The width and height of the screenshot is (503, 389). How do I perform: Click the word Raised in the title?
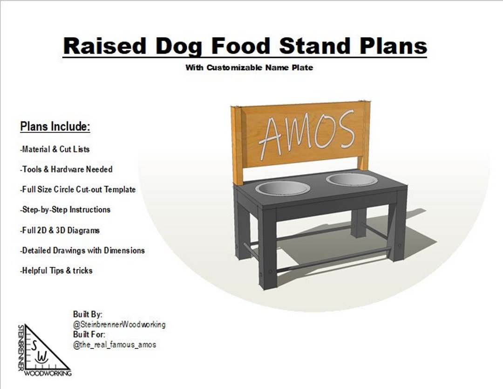pos(105,46)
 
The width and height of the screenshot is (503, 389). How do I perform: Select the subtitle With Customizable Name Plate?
pos(249,68)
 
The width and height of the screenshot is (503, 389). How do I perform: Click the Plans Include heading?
pos(55,126)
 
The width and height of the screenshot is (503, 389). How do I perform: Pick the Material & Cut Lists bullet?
pos(55,149)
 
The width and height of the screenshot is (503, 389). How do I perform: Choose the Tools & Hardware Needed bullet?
pos(66,169)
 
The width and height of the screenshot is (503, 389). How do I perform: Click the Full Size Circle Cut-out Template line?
pos(78,189)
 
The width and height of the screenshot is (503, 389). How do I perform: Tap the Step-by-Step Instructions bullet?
pos(65,210)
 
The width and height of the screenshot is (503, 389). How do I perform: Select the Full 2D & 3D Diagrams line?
pos(60,230)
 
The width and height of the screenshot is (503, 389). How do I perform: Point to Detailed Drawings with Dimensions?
pos(82,250)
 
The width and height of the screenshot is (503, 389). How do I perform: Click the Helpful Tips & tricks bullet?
pos(56,271)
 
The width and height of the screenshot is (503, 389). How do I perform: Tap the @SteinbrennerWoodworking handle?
pos(119,325)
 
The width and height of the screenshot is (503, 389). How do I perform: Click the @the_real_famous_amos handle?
pos(115,345)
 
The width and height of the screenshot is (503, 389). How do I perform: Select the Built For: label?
pos(89,334)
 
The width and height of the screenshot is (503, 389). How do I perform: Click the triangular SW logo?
pos(44,350)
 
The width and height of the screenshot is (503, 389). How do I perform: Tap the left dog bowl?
pos(283,188)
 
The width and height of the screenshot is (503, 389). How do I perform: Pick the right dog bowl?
pos(352,180)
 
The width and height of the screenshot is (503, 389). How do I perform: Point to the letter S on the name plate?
pos(343,129)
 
